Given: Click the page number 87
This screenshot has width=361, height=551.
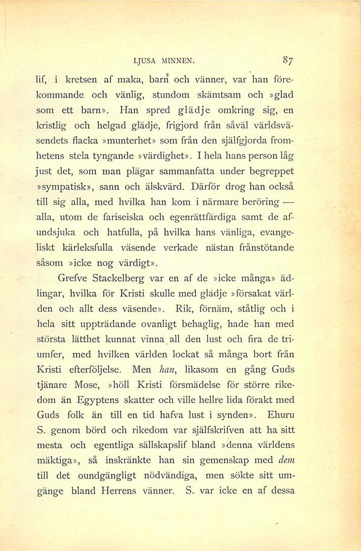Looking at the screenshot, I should pos(287,60).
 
